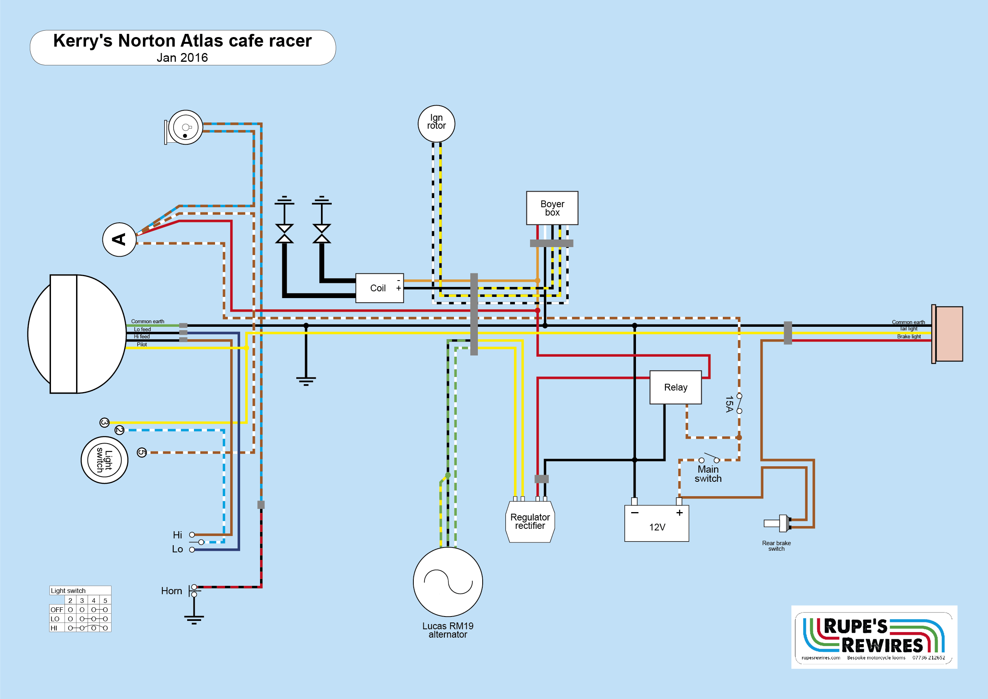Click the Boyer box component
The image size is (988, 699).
click(552, 208)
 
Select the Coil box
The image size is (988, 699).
click(379, 288)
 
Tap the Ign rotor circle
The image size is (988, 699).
click(436, 124)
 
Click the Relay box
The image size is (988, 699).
click(675, 387)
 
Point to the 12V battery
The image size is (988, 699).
click(657, 523)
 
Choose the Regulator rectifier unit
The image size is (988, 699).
click(530, 522)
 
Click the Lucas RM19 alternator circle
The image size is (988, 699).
click(448, 581)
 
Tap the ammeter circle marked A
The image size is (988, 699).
click(119, 240)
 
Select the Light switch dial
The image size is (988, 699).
click(105, 460)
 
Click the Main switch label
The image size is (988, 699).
click(708, 474)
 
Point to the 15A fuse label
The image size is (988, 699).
click(729, 404)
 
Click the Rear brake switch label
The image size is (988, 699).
click(776, 546)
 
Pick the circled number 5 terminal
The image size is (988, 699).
click(142, 452)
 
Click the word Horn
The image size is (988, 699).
click(171, 591)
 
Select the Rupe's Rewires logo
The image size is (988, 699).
click(874, 636)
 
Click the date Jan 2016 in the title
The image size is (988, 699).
click(182, 58)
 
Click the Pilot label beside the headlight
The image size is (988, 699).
click(142, 345)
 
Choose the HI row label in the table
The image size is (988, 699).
click(54, 628)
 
